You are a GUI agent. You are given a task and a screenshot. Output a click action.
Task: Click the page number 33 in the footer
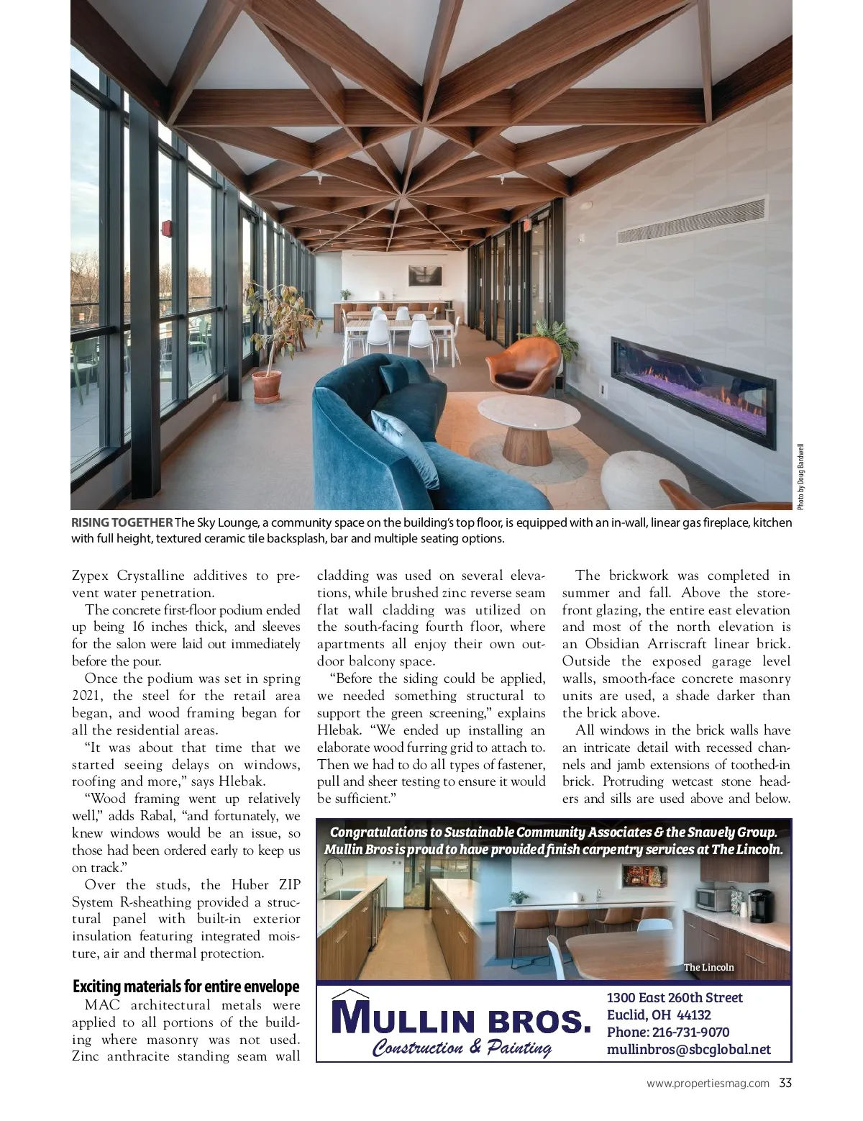pos(785,1082)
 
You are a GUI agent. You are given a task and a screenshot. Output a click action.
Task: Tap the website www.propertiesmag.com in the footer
pos(708,1083)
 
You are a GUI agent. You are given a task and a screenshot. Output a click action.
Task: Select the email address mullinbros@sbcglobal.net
pos(688,1049)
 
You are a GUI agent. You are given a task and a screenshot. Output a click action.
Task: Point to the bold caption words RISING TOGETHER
pos(122,522)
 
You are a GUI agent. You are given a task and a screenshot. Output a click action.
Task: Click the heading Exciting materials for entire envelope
pos(186,986)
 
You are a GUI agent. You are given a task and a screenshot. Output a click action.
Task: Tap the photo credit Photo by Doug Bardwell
pos(800,476)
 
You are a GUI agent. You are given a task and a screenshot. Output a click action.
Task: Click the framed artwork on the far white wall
pos(424,275)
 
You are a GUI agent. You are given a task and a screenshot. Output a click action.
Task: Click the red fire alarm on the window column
pos(167,228)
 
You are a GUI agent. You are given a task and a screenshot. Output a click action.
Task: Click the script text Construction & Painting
pos(461,1047)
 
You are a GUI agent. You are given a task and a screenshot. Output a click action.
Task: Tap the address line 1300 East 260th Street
pos(675,997)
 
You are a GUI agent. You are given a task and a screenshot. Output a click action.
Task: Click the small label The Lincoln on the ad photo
pos(708,967)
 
